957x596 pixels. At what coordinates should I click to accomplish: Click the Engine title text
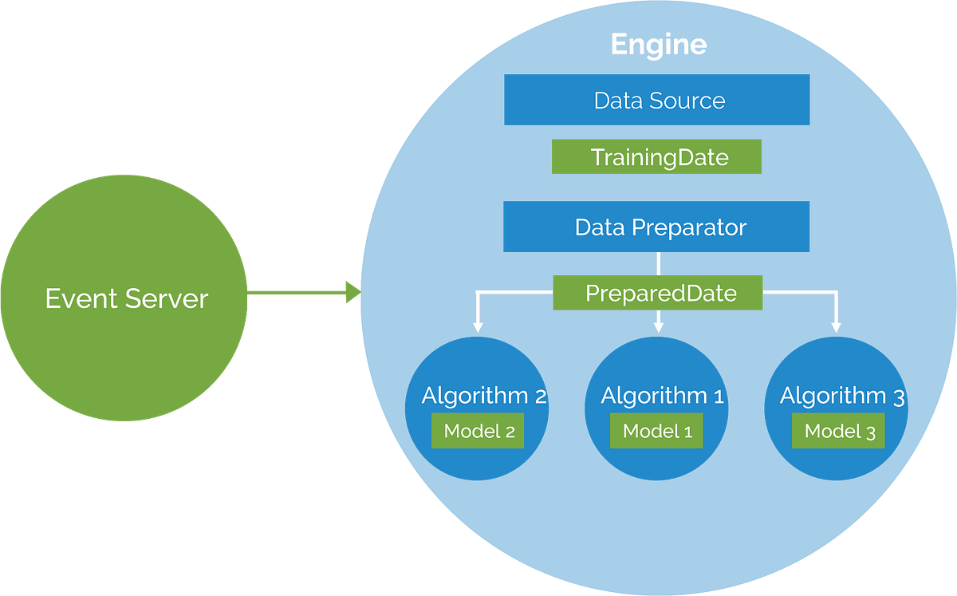click(659, 45)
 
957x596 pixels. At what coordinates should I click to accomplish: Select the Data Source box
click(657, 101)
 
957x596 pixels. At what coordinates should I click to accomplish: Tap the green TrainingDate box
click(657, 157)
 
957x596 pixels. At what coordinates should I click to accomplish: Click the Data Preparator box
click(657, 227)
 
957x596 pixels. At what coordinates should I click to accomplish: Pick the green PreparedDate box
click(658, 293)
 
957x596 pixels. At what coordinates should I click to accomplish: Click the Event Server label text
click(126, 298)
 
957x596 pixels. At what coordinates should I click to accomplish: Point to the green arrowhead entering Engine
click(352, 292)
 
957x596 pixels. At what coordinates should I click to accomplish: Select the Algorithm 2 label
click(483, 395)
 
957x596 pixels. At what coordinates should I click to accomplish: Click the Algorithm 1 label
click(662, 395)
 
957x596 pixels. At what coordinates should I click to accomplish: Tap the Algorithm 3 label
click(841, 395)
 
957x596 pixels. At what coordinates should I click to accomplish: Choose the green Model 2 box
click(478, 432)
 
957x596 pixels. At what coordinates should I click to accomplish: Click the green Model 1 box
click(657, 432)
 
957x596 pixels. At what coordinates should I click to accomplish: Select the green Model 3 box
click(839, 432)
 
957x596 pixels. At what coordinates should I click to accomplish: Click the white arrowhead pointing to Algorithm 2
click(477, 326)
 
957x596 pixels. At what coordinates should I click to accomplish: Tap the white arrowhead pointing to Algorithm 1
click(658, 326)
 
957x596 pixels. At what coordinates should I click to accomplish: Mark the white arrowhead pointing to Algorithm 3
click(836, 326)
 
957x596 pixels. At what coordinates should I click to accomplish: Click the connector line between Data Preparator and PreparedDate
click(658, 263)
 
